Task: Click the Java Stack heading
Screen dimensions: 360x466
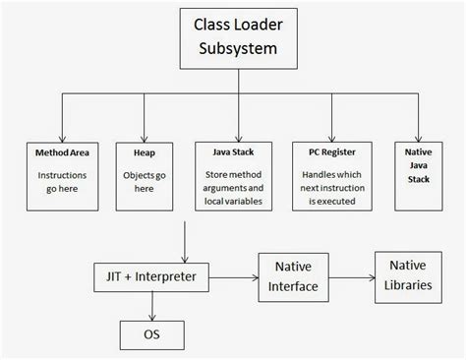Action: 232,153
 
